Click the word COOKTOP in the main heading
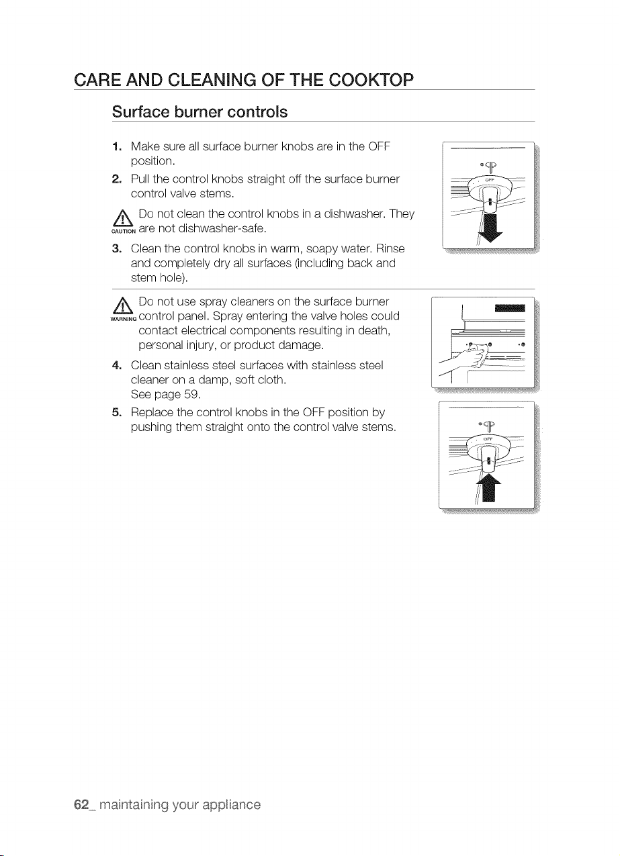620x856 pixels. pos(371,80)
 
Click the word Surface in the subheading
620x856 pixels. pos(140,112)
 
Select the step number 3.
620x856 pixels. pos(117,249)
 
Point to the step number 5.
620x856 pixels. pos(117,412)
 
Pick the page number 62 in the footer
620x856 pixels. pos(81,805)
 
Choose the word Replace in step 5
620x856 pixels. pos(152,412)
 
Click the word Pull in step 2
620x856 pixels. pos(140,179)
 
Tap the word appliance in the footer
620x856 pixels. pos(232,805)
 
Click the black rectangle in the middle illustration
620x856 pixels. pos(510,309)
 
